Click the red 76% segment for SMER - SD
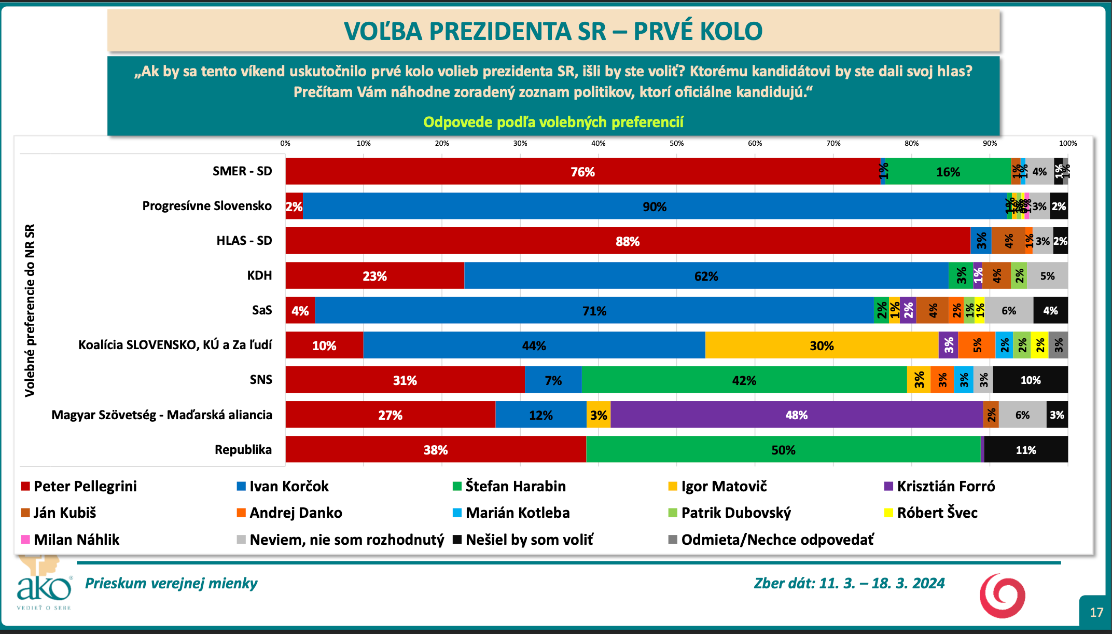tap(582, 172)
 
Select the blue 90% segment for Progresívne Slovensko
tap(655, 206)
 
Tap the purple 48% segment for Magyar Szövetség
tap(796, 415)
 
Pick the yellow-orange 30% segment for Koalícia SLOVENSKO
tap(822, 346)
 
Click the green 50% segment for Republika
tap(783, 450)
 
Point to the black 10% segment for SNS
tap(1030, 380)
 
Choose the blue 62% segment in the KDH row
tap(706, 276)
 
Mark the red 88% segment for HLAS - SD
tap(628, 241)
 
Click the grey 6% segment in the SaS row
tap(1009, 311)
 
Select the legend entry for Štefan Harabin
tap(515, 486)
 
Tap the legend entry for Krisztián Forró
tap(946, 486)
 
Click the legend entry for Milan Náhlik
tap(76, 540)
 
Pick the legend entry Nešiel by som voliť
tap(529, 540)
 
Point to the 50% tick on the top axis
tap(676, 143)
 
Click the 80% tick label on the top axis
tap(911, 143)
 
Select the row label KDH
tap(259, 275)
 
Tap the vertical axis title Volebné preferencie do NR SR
tap(30, 310)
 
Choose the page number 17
tap(1096, 613)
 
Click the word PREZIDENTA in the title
tap(517, 31)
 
